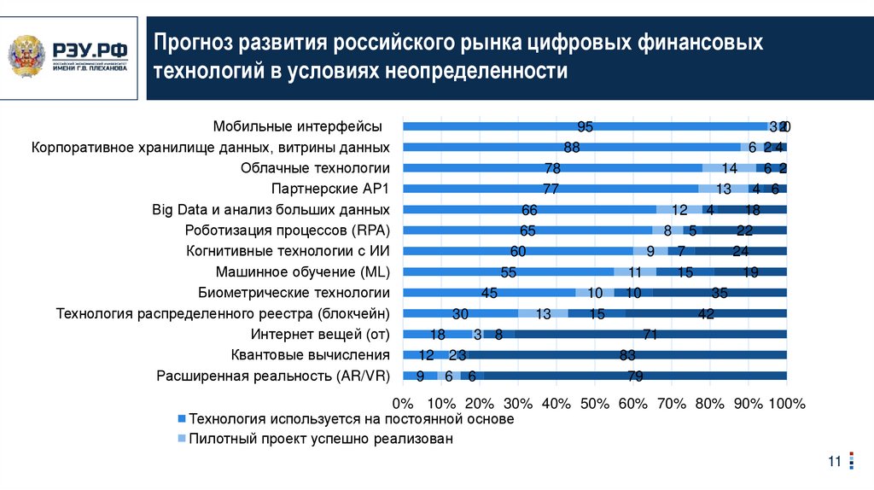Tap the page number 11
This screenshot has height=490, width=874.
(835, 462)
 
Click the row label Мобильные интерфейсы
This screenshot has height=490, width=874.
(297, 126)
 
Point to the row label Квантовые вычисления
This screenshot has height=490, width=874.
(310, 354)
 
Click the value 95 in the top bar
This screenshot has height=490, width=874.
(585, 126)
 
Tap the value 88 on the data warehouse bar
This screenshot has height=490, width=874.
(572, 147)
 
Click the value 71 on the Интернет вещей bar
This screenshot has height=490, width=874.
(650, 334)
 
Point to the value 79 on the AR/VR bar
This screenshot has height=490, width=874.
(634, 376)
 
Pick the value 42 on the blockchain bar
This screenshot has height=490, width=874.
(705, 313)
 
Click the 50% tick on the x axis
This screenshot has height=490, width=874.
(595, 403)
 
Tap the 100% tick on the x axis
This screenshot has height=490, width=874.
(786, 403)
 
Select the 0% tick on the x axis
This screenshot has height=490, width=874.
(402, 403)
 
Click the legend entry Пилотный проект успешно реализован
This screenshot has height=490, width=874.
(320, 439)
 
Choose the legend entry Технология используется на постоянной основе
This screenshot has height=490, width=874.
(351, 419)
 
